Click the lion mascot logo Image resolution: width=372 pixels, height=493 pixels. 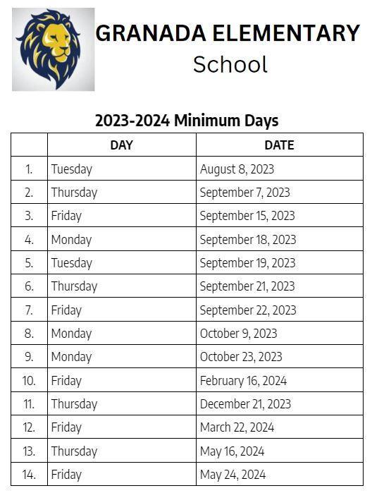click(x=53, y=49)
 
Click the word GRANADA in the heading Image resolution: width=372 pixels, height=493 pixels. click(x=154, y=33)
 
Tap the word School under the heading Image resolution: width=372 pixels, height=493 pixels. click(x=230, y=64)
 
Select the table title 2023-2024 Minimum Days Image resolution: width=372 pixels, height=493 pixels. click(x=187, y=121)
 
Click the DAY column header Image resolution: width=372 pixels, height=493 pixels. click(x=121, y=145)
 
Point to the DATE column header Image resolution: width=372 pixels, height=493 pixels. click(x=279, y=145)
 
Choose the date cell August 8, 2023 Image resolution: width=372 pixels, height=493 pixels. click(x=237, y=169)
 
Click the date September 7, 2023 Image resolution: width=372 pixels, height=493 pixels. click(x=244, y=193)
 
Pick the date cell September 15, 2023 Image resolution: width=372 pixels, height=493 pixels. click(x=247, y=216)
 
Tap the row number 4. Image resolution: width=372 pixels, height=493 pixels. click(x=29, y=240)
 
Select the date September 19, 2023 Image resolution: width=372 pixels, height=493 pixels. click(x=247, y=263)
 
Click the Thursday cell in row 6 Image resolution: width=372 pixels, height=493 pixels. click(x=74, y=286)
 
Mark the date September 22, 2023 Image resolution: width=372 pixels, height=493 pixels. click(x=248, y=310)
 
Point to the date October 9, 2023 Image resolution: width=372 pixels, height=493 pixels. click(x=238, y=334)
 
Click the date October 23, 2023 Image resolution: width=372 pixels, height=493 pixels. click(x=241, y=357)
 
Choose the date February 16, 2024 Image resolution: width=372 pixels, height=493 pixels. click(x=243, y=381)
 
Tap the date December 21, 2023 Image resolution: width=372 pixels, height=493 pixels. click(x=245, y=404)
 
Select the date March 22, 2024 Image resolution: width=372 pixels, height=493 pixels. click(x=237, y=427)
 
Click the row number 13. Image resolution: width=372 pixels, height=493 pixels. click(x=29, y=451)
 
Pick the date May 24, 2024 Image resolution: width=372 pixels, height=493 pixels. click(x=232, y=475)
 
